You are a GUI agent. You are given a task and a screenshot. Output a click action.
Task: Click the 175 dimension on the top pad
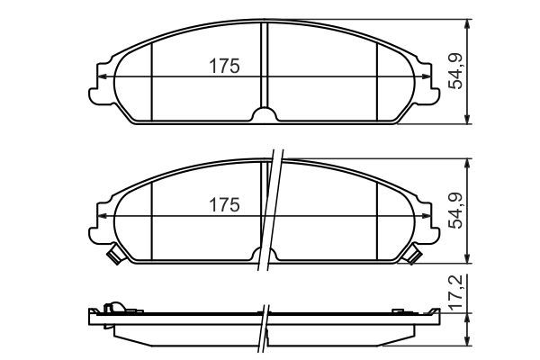224,66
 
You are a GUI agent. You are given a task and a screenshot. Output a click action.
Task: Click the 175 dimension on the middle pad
224,205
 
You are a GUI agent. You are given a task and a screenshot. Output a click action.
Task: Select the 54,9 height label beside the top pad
457,72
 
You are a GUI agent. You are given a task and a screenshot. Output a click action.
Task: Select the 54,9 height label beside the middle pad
457,211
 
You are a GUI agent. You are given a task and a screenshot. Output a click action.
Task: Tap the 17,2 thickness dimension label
457,293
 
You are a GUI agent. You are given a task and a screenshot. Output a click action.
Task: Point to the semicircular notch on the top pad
264,114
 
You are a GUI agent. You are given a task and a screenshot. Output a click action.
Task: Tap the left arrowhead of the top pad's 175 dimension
103,76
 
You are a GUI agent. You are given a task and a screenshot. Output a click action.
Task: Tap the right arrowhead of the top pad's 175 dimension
426,76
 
